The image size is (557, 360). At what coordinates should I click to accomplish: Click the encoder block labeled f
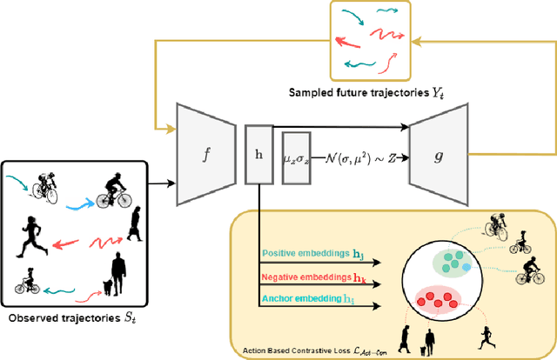(206, 153)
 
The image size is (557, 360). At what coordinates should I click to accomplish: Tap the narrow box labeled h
(258, 153)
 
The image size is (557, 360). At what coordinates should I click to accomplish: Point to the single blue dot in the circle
(466, 267)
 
